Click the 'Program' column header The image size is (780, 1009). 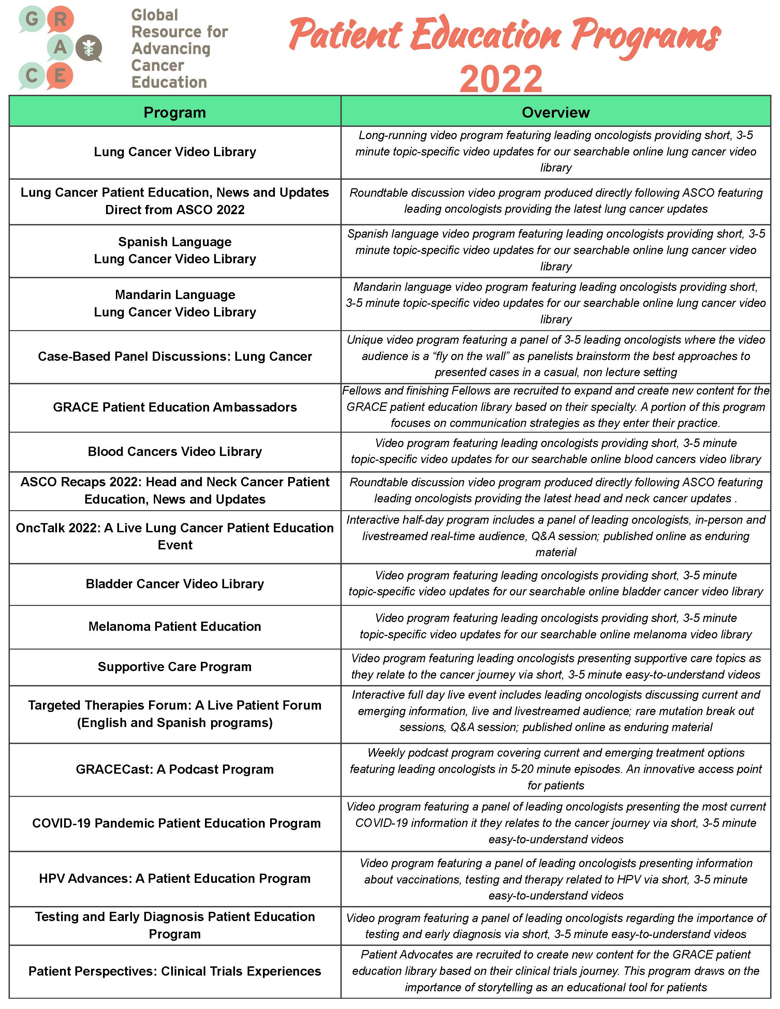[175, 112]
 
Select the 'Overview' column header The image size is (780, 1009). [556, 112]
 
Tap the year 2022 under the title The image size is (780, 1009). [501, 78]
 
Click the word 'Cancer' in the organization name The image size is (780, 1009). [158, 65]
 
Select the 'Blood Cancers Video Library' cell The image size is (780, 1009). [175, 451]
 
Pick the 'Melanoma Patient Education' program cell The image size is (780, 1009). [175, 626]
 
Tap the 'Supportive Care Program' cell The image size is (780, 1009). [175, 667]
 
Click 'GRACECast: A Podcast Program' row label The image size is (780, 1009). [175, 769]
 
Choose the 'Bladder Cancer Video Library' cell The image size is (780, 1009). [175, 584]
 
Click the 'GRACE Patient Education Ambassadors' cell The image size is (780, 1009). [175, 407]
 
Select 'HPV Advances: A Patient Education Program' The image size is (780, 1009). [175, 878]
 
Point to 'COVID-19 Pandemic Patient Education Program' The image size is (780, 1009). [176, 823]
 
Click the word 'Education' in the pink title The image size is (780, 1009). [486, 35]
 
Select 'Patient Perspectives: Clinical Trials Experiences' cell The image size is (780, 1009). [175, 971]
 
